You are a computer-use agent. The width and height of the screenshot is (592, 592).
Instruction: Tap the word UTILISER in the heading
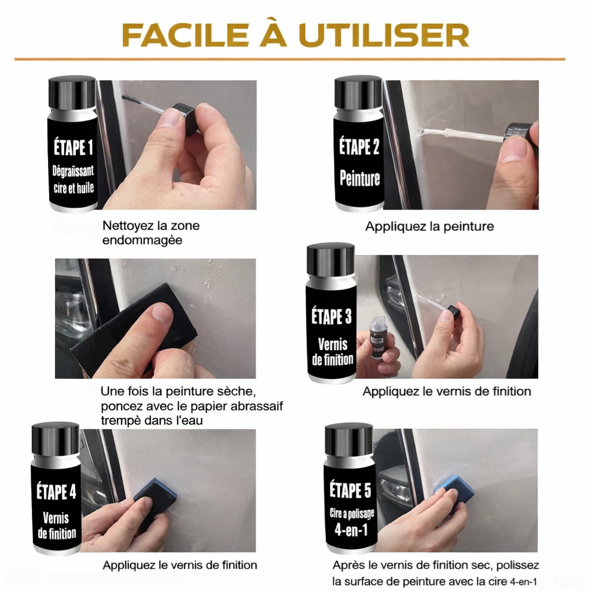(384, 35)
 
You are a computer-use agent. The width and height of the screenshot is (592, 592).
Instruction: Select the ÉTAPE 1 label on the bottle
(73, 147)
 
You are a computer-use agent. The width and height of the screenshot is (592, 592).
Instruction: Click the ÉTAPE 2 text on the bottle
(359, 146)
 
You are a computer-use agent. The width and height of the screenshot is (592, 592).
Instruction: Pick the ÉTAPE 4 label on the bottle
(56, 491)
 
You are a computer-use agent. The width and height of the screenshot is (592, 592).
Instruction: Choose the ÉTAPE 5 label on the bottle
(350, 490)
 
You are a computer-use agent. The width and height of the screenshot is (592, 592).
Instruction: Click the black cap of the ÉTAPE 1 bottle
(72, 93)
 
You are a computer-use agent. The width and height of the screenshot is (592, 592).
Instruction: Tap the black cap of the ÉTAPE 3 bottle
(331, 260)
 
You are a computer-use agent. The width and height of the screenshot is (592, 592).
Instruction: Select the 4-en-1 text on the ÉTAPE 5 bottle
(351, 529)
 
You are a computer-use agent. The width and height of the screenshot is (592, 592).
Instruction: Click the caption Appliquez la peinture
(429, 226)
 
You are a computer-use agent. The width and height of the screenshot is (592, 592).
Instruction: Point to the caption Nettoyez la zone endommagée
(150, 233)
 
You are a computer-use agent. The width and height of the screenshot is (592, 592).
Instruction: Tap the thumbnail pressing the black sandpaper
(162, 314)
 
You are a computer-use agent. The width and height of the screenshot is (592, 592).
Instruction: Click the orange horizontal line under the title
(289, 59)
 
